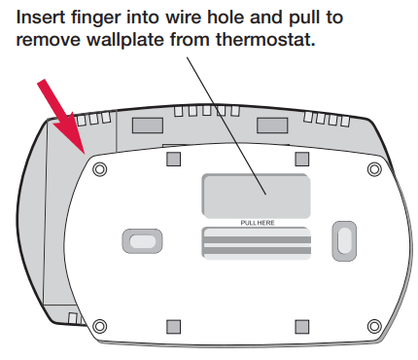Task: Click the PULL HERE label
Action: point(258,223)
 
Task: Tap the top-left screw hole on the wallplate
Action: point(99,169)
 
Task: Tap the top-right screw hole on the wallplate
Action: point(374,169)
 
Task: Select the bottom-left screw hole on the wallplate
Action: point(99,326)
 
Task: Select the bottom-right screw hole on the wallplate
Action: point(374,326)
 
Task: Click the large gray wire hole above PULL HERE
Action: point(256,196)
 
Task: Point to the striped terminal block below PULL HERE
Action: point(256,243)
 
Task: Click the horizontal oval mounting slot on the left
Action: point(142,241)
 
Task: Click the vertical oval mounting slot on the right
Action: point(344,241)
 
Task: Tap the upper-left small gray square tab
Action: point(173,159)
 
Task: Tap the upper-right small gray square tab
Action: point(302,159)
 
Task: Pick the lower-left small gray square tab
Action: point(173,327)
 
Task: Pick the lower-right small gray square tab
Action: point(302,327)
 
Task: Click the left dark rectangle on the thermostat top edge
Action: point(148,126)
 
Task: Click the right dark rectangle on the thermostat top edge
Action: point(272,126)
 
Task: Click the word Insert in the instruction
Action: point(41,17)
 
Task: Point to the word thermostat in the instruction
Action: point(265,40)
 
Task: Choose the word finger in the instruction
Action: point(96,18)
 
